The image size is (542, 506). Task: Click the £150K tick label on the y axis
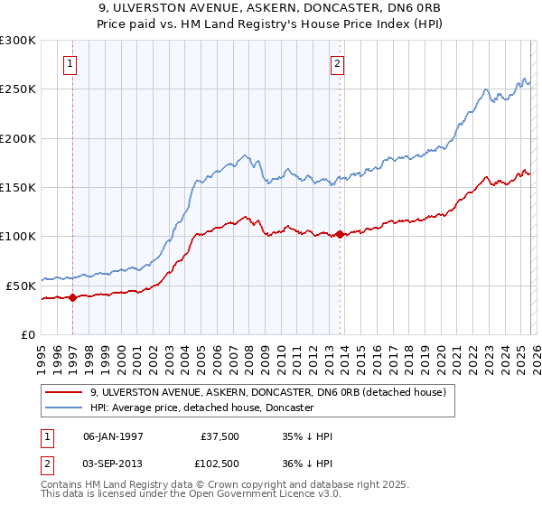pos(18,187)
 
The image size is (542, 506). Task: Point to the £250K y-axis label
pos(18,89)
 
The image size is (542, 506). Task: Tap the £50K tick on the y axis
pos(21,286)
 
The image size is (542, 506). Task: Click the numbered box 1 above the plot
pos(70,63)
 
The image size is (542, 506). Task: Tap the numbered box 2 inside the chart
pos(337,63)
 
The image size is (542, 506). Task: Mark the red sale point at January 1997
pos(73,298)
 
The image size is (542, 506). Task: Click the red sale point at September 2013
pos(340,235)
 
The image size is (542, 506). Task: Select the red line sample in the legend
pos(65,393)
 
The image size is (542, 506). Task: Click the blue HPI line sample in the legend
pos(65,408)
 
